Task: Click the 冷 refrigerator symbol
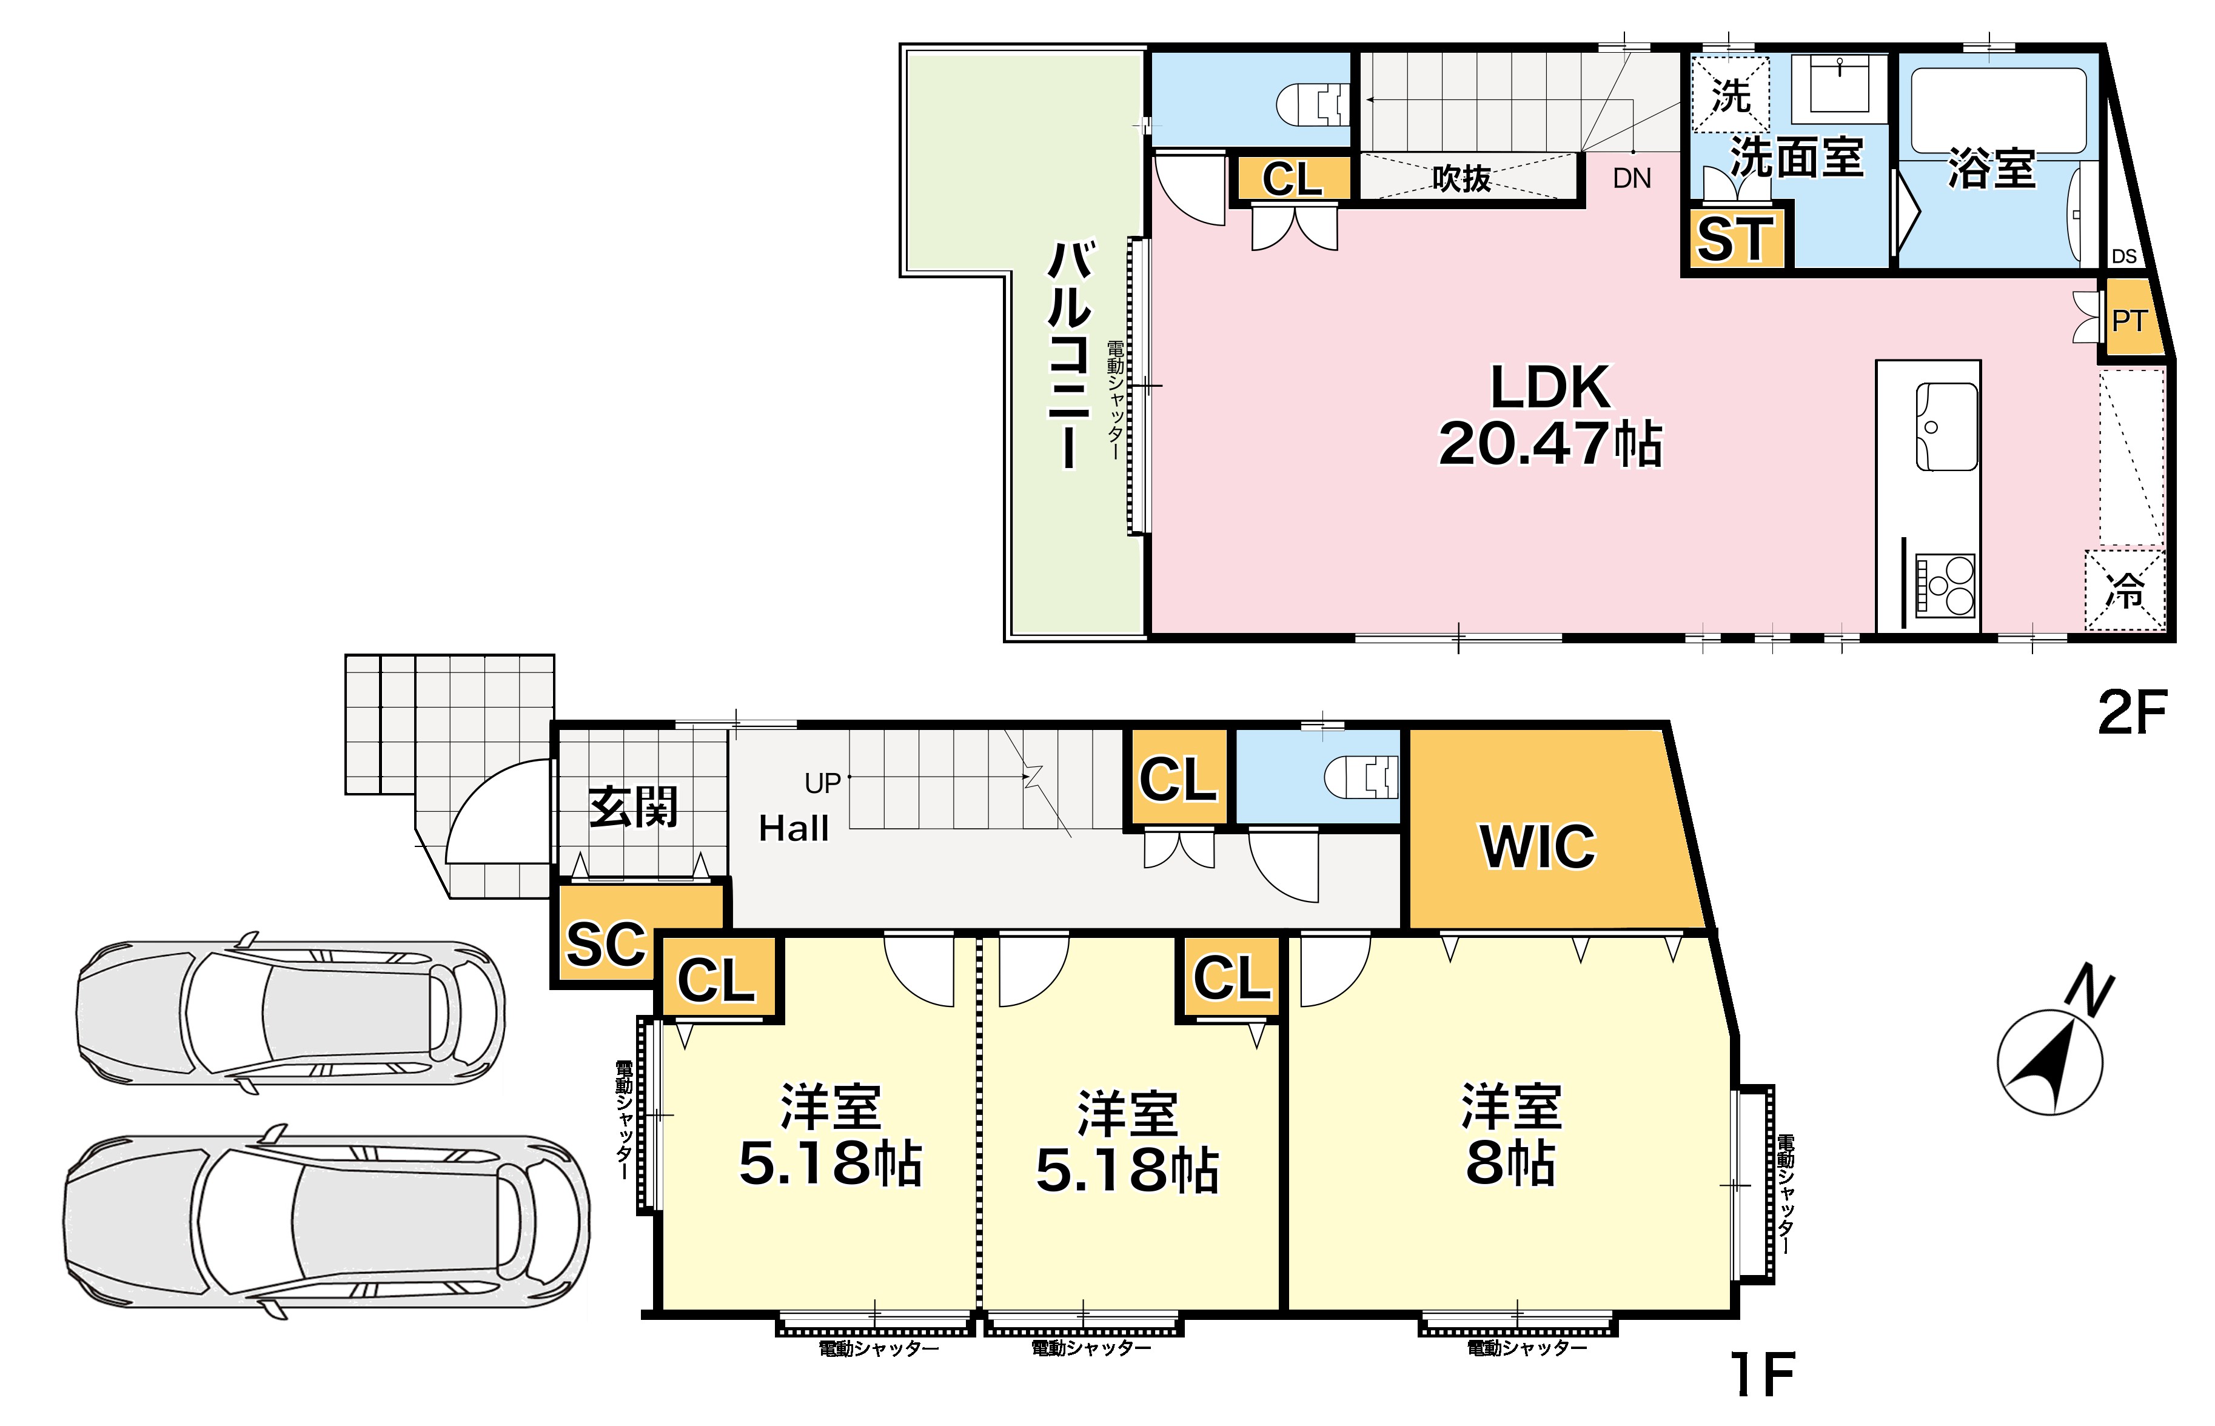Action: (2125, 590)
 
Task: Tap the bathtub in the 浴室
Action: (1999, 110)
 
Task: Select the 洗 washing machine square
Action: (1730, 95)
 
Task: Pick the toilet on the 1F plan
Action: (1361, 777)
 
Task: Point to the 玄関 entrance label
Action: (634, 806)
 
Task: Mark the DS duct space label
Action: (2124, 256)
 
